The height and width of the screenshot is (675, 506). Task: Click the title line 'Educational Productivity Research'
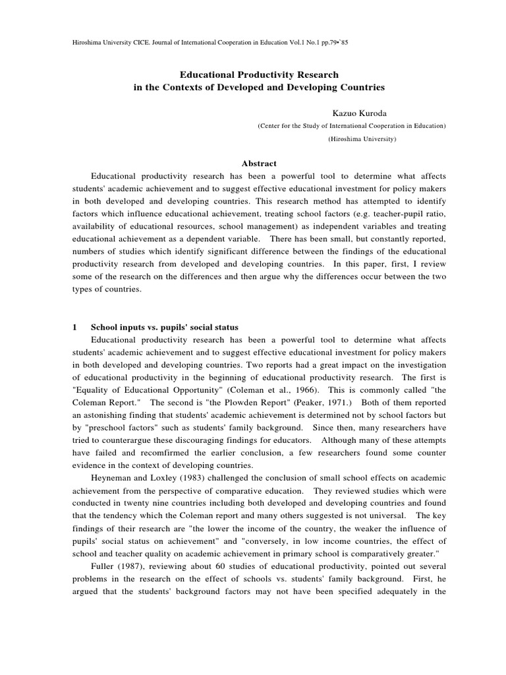pyautogui.click(x=259, y=75)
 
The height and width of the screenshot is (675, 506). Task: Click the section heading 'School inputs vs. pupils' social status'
pyautogui.click(x=164, y=327)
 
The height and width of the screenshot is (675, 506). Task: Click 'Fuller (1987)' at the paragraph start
pyautogui.click(x=116, y=568)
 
